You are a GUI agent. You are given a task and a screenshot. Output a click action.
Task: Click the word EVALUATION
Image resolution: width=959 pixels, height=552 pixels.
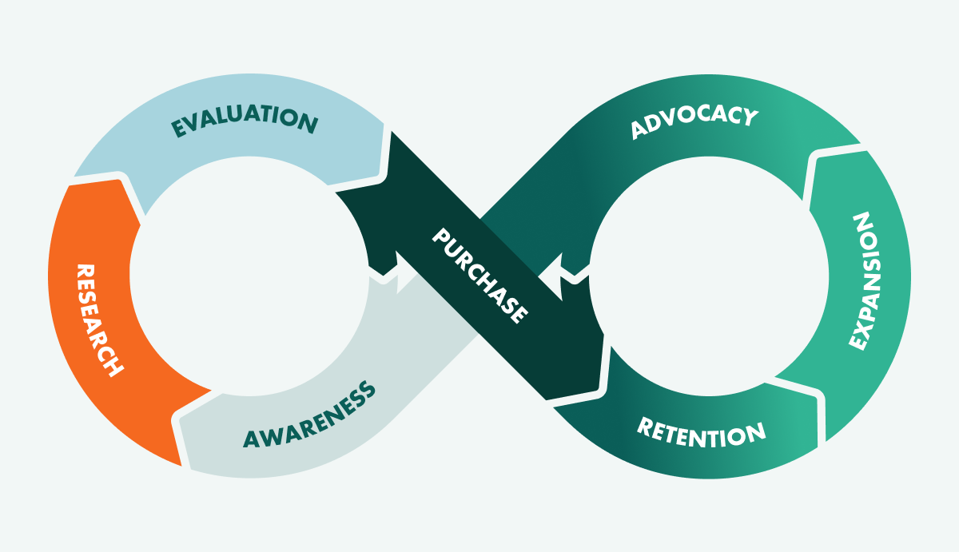click(245, 121)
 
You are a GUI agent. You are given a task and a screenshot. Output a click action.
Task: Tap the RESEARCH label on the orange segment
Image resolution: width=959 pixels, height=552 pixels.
click(99, 320)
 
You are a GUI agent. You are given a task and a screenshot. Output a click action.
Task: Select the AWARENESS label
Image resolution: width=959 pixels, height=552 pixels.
click(308, 417)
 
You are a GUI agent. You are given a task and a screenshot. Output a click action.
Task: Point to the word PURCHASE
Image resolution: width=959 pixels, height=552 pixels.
click(480, 276)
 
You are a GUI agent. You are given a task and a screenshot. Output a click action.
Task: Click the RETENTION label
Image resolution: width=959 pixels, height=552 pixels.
click(701, 432)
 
